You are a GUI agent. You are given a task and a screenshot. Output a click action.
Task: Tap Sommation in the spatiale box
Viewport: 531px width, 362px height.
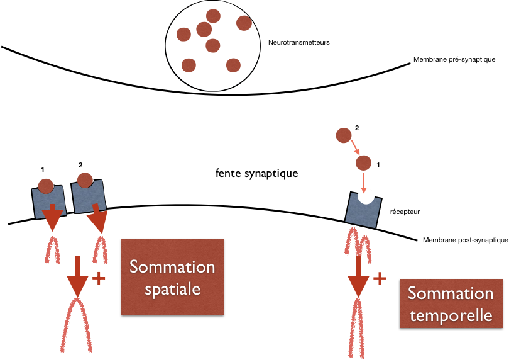(172, 266)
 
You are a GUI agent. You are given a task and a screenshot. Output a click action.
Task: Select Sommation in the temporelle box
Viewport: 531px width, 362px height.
(451, 293)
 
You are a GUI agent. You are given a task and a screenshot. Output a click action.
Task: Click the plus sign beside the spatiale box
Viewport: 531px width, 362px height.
(98, 277)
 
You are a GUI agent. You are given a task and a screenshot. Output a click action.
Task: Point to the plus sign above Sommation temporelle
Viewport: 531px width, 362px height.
(380, 278)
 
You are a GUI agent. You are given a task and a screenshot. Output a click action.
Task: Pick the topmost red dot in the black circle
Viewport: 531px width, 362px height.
(213, 16)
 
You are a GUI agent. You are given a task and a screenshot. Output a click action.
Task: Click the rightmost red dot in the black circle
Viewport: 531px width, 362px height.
(244, 23)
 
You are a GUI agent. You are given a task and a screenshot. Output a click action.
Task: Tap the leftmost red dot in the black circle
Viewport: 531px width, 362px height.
(183, 34)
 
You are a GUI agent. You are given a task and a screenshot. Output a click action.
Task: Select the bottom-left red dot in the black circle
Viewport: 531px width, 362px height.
(189, 65)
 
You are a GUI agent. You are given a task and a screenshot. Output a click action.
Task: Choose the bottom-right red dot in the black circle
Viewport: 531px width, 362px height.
(233, 65)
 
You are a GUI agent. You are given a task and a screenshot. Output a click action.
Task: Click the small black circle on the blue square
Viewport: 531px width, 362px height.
(366, 196)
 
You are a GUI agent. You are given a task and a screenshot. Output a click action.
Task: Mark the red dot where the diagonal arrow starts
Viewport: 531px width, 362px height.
(343, 135)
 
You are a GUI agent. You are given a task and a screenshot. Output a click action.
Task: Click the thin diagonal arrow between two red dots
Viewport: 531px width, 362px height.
(354, 149)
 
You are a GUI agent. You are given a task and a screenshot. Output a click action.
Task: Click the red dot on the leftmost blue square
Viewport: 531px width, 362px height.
(46, 186)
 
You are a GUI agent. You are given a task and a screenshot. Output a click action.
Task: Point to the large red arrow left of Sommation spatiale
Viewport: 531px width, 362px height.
(77, 277)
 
